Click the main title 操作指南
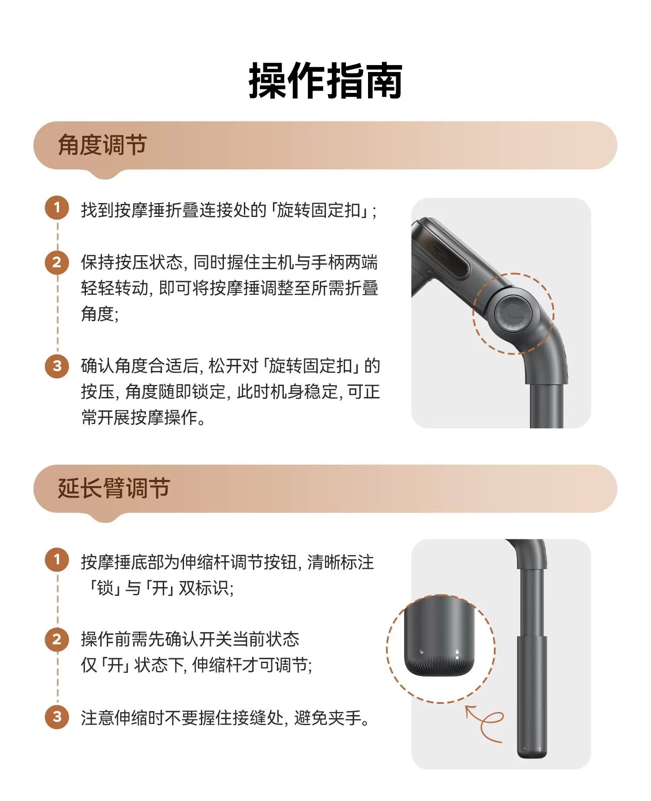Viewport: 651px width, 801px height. tap(325, 81)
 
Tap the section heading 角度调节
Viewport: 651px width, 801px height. tap(102, 145)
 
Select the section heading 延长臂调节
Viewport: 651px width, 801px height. tap(114, 488)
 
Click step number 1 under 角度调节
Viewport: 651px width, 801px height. tap(57, 207)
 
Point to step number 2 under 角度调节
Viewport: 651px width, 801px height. tap(57, 262)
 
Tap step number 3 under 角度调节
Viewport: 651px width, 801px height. tap(57, 366)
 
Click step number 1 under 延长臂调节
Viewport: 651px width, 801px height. tap(57, 559)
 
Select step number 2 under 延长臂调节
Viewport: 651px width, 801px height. tap(57, 639)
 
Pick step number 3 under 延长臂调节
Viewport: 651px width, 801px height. tap(57, 716)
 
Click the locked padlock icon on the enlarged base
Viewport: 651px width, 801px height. tap(457, 652)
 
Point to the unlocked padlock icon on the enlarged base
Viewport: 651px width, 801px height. tap(421, 652)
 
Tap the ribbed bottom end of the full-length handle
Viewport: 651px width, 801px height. tap(532, 754)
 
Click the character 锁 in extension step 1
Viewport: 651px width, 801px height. tap(105, 588)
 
